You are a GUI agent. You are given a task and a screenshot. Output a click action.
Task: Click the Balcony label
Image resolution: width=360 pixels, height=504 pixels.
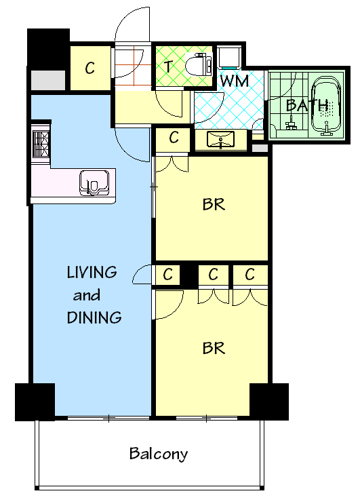(159, 454)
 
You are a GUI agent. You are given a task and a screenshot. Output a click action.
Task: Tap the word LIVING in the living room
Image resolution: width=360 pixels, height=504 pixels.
(92, 273)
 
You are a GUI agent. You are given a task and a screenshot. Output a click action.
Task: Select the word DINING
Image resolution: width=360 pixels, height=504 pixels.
(94, 317)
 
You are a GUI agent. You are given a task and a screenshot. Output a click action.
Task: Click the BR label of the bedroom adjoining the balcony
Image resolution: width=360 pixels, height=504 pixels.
(213, 348)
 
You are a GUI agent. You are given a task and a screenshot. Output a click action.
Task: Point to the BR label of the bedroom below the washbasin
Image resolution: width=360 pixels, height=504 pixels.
(213, 204)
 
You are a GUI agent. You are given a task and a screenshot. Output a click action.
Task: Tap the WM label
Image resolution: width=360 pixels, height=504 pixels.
(233, 81)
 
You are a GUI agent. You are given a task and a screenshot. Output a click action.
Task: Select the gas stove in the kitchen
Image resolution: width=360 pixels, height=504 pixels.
(41, 143)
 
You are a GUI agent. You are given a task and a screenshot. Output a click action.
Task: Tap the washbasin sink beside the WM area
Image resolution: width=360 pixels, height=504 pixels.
(222, 140)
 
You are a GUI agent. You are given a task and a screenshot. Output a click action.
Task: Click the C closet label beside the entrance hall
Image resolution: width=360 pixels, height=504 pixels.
(90, 68)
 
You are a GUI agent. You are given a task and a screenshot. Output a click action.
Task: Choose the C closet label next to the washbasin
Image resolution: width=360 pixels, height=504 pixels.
(174, 138)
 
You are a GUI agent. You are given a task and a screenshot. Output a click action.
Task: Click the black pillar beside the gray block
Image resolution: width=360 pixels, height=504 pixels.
(48, 47)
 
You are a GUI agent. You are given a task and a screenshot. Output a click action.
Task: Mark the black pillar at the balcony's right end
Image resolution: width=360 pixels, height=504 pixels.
(268, 402)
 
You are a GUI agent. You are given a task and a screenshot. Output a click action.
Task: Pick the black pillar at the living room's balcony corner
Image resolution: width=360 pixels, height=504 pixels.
(35, 402)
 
